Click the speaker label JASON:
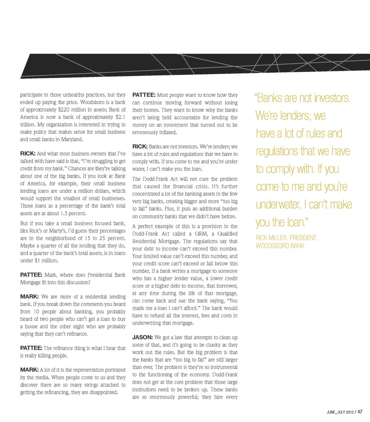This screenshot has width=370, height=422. (143, 338)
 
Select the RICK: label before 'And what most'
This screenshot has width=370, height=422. (28, 154)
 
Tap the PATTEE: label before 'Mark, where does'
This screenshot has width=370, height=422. (31, 275)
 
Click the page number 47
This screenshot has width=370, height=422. (360, 412)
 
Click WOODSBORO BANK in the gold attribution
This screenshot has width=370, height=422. (280, 245)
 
